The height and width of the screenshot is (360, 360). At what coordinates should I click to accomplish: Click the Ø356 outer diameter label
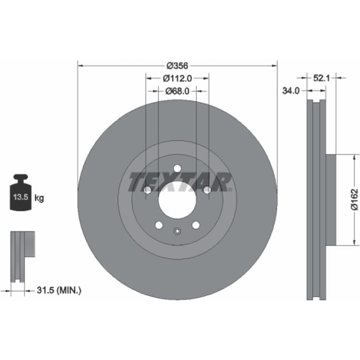coord(177,66)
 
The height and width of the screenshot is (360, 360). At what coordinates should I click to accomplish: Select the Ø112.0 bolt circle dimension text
coord(177,78)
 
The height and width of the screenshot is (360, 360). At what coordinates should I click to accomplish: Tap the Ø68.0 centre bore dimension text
coord(177,91)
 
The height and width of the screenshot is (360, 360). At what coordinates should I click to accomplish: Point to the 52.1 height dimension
coord(321,78)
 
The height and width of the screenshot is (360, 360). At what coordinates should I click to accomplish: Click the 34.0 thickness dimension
coord(291,91)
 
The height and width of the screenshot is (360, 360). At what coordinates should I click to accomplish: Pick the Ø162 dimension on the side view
coord(354,199)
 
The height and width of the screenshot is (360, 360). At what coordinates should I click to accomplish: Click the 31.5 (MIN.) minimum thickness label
coord(59,291)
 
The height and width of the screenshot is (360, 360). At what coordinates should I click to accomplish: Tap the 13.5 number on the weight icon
coord(21,197)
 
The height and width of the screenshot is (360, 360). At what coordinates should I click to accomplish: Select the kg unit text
coord(39,198)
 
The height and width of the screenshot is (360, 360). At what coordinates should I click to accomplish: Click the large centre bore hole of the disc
coord(177,200)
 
